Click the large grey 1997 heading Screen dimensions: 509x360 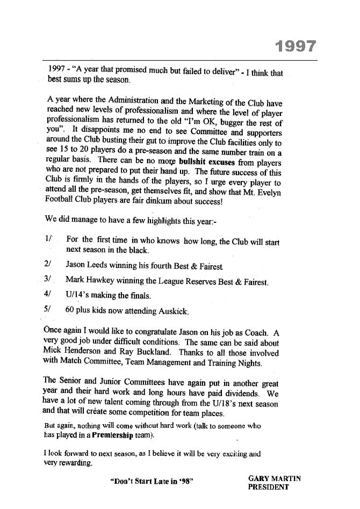295,47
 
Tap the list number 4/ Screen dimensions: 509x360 48,295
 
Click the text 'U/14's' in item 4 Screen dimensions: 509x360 78,295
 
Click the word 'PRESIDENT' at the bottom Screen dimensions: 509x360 268,488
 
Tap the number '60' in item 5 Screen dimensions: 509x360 71,310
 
